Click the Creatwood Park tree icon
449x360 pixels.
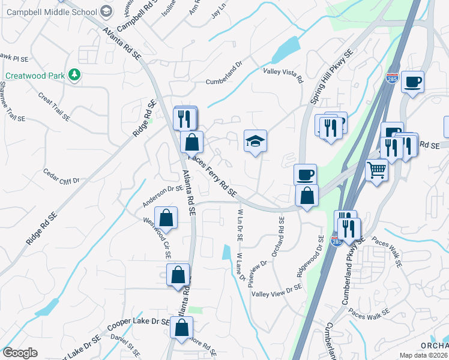click(74, 75)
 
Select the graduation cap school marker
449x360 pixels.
click(255, 141)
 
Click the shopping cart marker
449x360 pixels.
click(376, 169)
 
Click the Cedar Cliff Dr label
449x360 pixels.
click(61, 176)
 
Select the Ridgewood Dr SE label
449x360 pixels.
click(310, 256)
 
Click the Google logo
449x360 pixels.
click(20, 353)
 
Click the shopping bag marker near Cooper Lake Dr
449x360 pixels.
click(181, 328)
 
